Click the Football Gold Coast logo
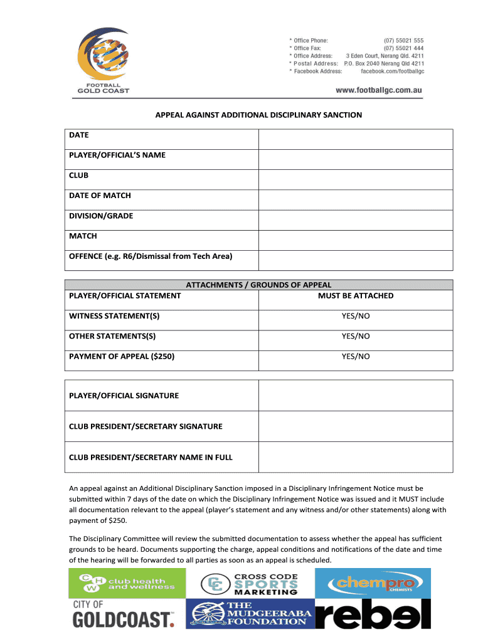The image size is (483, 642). pos(102,60)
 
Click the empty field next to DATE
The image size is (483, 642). pos(356,139)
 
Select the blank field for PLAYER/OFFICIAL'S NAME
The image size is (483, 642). pos(356,159)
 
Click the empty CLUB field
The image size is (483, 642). pos(356,179)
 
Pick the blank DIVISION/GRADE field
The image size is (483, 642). pos(356,220)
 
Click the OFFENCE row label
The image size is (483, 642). pos(151,256)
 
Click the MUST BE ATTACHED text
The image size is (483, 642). pos(356,296)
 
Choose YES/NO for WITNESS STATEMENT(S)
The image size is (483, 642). pos(356,316)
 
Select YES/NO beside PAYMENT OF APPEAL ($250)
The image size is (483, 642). pos(356,357)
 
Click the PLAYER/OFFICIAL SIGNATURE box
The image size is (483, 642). pos(356,396)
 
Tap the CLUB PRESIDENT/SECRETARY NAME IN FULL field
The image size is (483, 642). pos(356,457)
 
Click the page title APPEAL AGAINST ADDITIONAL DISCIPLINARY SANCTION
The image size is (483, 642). pos(258,115)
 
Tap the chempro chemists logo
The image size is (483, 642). pos(373,583)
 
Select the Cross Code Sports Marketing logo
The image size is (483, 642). pos(250,584)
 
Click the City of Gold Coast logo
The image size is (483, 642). pos(122,614)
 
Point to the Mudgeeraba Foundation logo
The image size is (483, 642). pos(250,614)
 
